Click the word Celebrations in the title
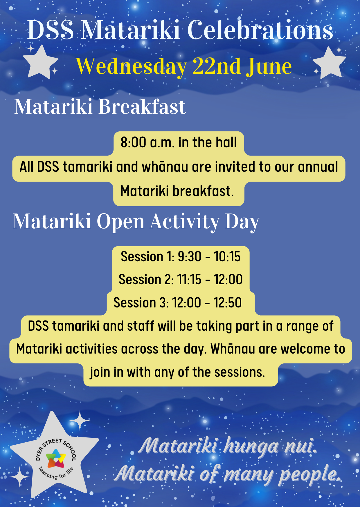point(260,30)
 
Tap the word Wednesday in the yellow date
point(132,67)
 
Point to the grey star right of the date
point(329,63)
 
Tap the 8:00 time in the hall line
point(133,142)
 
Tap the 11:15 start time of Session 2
point(189,280)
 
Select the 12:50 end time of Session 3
point(228,303)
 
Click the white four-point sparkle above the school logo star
point(79,420)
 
